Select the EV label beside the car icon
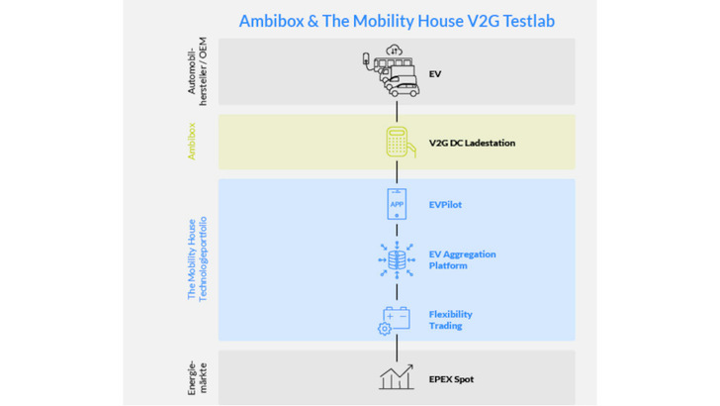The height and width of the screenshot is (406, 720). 436,73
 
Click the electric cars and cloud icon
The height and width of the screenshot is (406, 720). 390,72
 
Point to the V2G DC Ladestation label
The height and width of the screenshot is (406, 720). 472,143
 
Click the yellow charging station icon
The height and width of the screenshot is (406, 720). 396,143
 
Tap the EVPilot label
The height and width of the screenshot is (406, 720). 445,205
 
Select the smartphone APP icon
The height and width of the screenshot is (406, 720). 396,205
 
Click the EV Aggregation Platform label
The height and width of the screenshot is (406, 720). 462,260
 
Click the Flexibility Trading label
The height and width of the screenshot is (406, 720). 445,319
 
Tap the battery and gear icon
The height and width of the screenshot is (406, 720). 396,320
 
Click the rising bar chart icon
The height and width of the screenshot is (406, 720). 396,377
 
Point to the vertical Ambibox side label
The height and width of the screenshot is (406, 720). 192,142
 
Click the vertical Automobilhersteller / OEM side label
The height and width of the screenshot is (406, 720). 197,70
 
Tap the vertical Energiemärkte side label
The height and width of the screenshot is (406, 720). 197,376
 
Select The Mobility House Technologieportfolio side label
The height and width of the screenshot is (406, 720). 197,260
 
